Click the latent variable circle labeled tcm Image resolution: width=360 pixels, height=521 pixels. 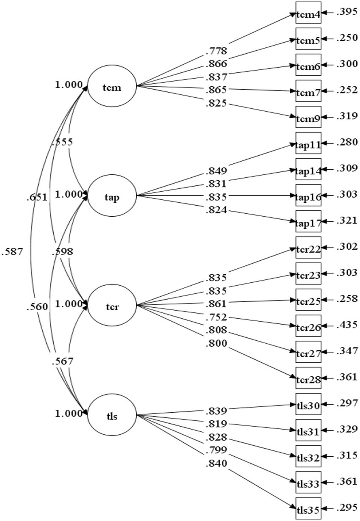click(x=112, y=87)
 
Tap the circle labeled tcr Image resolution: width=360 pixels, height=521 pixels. click(x=112, y=305)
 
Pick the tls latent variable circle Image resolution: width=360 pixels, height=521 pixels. click(x=112, y=414)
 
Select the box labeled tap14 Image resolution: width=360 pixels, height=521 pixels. click(x=308, y=170)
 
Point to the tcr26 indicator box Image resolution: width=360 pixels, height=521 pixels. click(x=308, y=326)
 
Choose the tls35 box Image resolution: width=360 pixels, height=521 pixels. click(x=308, y=508)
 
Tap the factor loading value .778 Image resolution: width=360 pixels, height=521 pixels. click(x=217, y=51)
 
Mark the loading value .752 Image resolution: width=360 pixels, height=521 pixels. click(x=217, y=317)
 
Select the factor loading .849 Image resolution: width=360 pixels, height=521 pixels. click(x=217, y=171)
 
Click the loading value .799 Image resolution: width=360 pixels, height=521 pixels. click(x=217, y=450)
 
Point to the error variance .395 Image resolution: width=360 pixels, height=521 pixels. click(x=346, y=13)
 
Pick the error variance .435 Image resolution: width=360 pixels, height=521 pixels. click(x=346, y=326)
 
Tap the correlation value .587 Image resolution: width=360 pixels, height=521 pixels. click(x=11, y=251)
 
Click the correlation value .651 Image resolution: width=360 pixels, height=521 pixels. click(x=36, y=197)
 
